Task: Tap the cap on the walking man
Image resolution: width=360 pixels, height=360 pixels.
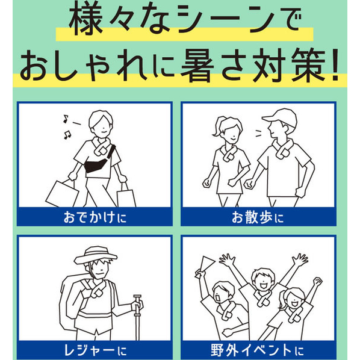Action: point(281,117)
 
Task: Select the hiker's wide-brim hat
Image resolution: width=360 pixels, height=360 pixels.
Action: point(95,255)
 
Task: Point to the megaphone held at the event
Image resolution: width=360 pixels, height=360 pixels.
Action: point(204,266)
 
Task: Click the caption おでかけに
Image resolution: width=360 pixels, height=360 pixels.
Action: point(95,217)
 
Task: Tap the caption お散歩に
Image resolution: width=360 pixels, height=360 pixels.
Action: point(258,217)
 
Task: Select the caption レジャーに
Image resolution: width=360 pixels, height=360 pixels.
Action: point(95,350)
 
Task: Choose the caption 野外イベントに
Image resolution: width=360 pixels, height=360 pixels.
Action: point(258,350)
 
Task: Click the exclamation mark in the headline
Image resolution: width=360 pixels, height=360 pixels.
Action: point(335,65)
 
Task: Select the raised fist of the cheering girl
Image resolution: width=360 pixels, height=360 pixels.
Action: point(318,281)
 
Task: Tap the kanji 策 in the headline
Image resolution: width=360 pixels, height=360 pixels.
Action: point(309,65)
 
